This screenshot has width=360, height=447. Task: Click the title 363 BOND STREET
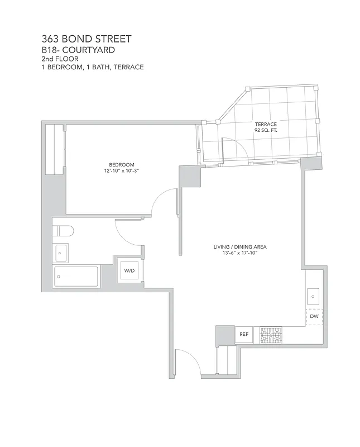tap(87, 39)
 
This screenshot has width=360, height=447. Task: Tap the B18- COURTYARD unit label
tap(78, 50)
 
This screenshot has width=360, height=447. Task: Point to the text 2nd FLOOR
tap(59, 58)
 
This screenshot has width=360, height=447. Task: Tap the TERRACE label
tap(266, 124)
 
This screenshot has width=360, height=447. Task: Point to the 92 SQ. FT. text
tap(266, 131)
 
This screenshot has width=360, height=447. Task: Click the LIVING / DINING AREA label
tap(239, 246)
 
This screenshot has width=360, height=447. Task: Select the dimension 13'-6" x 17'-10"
tap(239, 253)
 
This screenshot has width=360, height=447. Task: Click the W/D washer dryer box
tap(129, 271)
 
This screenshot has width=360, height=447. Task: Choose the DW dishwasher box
tap(314, 317)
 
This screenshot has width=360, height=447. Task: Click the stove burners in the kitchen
tap(270, 335)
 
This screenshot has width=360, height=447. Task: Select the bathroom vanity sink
tap(61, 253)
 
